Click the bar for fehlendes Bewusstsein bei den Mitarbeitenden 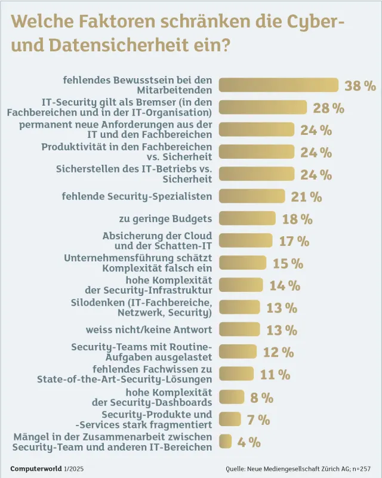(x=279, y=85)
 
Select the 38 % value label (x=361, y=85)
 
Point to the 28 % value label (x=328, y=108)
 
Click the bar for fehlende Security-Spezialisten (x=251, y=196)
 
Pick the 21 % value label (x=306, y=196)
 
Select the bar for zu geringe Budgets (x=247, y=218)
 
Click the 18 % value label (x=297, y=219)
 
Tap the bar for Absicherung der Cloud (x=245, y=240)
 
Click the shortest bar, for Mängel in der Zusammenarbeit (x=225, y=442)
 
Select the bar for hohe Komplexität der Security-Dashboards (x=232, y=397)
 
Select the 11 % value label (x=275, y=375)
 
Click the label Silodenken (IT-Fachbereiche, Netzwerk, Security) (x=149, y=307)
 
